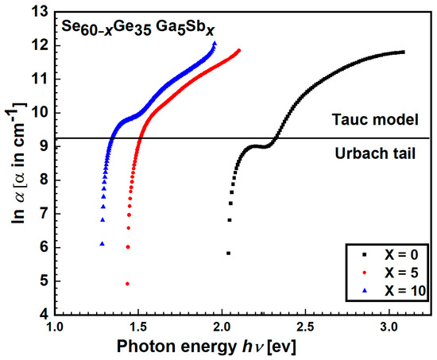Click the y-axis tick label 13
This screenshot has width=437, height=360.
click(x=39, y=11)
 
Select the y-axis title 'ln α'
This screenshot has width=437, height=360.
click(x=14, y=163)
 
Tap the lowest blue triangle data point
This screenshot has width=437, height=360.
click(x=102, y=244)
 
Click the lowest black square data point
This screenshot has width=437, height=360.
click(x=229, y=253)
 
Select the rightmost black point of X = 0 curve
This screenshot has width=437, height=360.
click(x=403, y=52)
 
